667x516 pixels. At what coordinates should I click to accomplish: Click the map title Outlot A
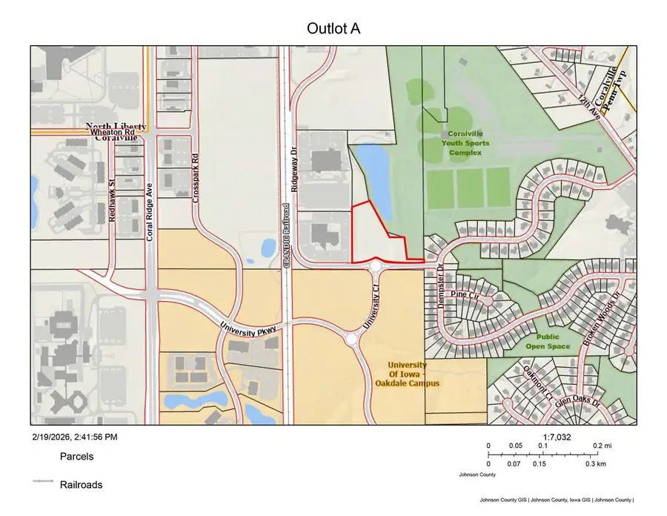pyautogui.click(x=333, y=28)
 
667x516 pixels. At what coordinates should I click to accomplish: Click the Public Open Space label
pyautogui.click(x=548, y=341)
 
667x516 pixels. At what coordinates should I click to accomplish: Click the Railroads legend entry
pyautogui.click(x=81, y=485)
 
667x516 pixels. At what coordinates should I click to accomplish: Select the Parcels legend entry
pyautogui.click(x=76, y=457)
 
